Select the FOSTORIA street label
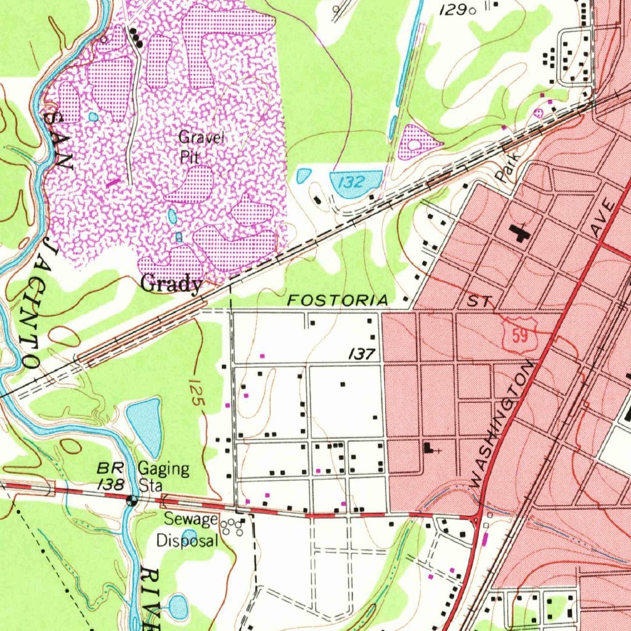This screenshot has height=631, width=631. coord(338,301)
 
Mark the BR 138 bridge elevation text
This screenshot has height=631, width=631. coord(112,476)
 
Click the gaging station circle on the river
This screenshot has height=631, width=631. coord(131,500)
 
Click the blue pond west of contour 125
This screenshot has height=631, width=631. coord(145,426)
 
